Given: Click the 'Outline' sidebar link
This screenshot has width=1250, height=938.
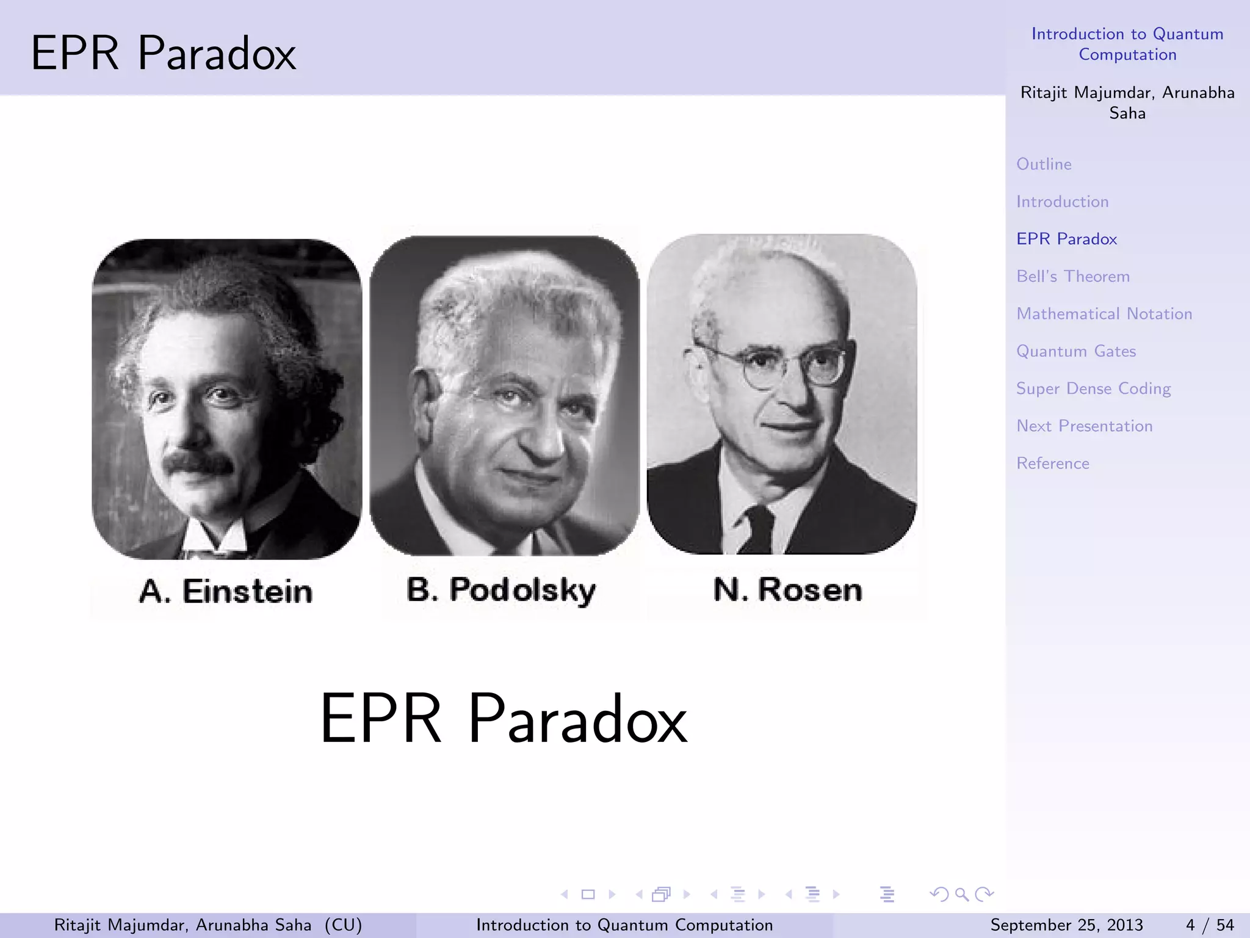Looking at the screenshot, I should [x=1044, y=164].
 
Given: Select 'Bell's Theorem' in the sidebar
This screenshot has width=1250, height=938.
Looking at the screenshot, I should [x=1073, y=277].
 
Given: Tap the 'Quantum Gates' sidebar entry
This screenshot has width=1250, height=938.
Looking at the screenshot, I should [x=1076, y=351].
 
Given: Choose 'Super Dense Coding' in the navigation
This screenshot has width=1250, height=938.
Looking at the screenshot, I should [x=1093, y=389].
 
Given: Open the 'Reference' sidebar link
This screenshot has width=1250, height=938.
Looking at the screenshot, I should [x=1053, y=464].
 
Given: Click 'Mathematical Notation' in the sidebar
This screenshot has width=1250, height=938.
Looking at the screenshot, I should [x=1104, y=314].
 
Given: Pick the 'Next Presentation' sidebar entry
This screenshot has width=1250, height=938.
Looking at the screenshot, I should [x=1085, y=426].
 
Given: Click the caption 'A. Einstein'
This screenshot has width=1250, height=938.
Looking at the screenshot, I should [x=226, y=591].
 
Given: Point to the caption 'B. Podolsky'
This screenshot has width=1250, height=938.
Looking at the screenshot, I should [x=501, y=590].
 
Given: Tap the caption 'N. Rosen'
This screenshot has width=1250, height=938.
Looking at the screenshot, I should [x=787, y=590].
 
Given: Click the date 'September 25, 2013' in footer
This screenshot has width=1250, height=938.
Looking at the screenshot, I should [x=1066, y=925].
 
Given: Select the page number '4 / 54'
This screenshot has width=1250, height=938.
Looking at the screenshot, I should [x=1209, y=925].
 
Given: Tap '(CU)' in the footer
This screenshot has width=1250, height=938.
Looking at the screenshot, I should [x=343, y=925].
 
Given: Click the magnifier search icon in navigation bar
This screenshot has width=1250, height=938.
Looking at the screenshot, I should [x=962, y=895].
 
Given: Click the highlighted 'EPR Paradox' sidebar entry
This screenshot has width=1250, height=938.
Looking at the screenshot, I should [x=1066, y=239].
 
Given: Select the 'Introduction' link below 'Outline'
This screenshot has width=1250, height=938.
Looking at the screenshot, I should [x=1062, y=202].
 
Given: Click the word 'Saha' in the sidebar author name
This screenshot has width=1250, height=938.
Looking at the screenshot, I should [x=1127, y=114].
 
